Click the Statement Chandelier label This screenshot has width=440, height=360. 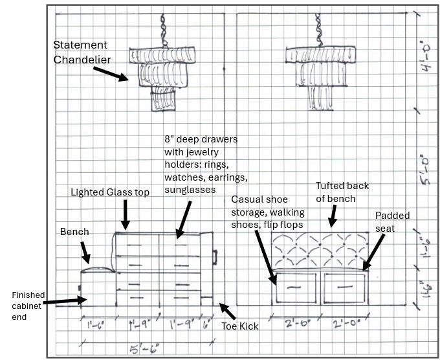[x=80, y=52]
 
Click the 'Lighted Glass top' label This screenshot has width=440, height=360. [x=111, y=192]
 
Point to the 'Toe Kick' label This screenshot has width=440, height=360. [x=240, y=326]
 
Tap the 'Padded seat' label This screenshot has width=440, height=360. [x=391, y=221]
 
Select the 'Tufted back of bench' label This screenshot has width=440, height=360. [x=342, y=192]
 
